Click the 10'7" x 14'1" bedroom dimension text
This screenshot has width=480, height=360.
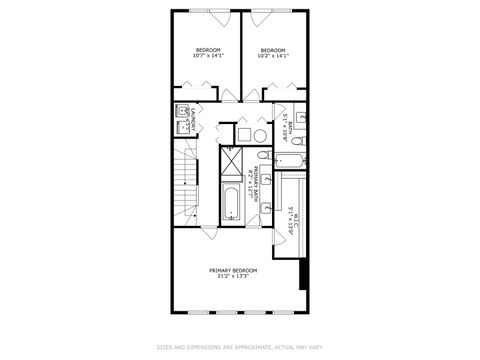click(208, 57)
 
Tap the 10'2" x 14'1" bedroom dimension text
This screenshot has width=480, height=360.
click(273, 57)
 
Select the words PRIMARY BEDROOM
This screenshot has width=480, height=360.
click(233, 270)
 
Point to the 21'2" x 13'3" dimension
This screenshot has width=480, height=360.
click(233, 277)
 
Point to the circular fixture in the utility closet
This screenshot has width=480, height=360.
click(258, 133)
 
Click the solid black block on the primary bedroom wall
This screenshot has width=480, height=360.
click(301, 272)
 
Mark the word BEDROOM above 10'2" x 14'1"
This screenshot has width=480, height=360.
click(273, 50)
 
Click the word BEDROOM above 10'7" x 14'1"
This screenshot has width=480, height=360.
click(208, 50)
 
